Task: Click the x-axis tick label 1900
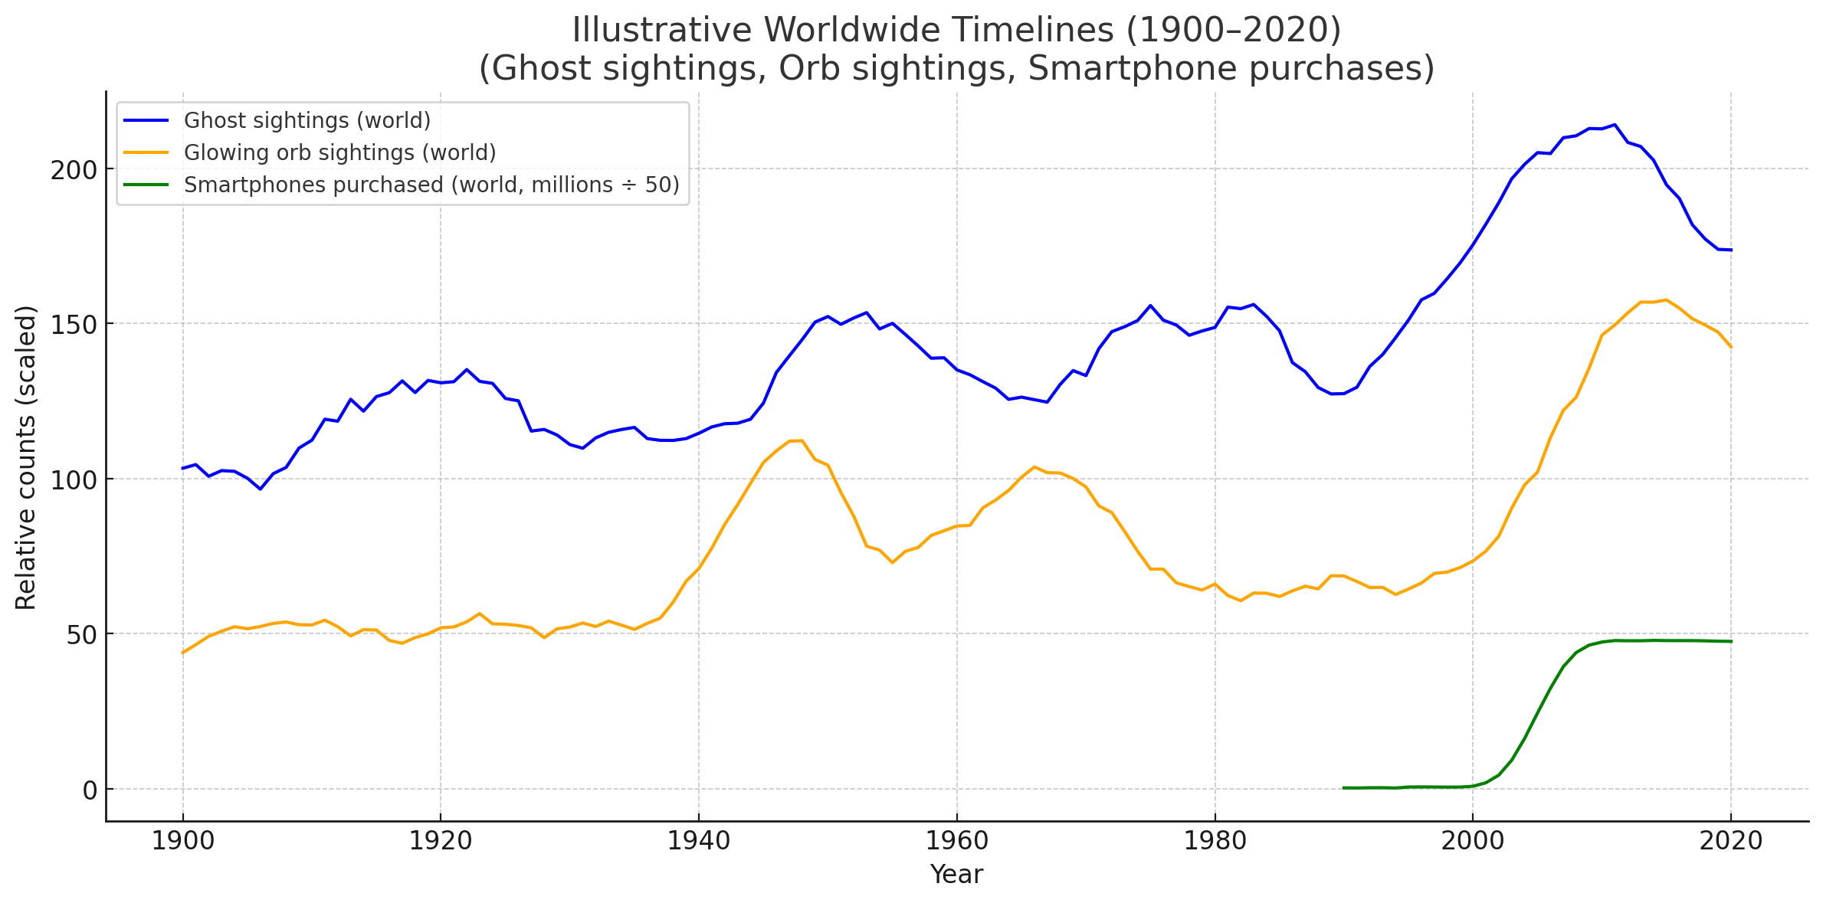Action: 182,842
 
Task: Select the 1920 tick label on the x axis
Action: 440,842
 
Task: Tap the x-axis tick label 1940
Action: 698,842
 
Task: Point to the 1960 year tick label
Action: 956,842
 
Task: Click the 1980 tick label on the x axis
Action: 1214,842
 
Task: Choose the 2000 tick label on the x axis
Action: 1472,842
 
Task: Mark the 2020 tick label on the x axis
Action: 1730,842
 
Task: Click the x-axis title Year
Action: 956,875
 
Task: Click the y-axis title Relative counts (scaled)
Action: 26,457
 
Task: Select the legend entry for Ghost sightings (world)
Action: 307,121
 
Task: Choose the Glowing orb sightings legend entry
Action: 339,153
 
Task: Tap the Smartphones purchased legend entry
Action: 431,185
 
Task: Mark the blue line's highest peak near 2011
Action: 1614,124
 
